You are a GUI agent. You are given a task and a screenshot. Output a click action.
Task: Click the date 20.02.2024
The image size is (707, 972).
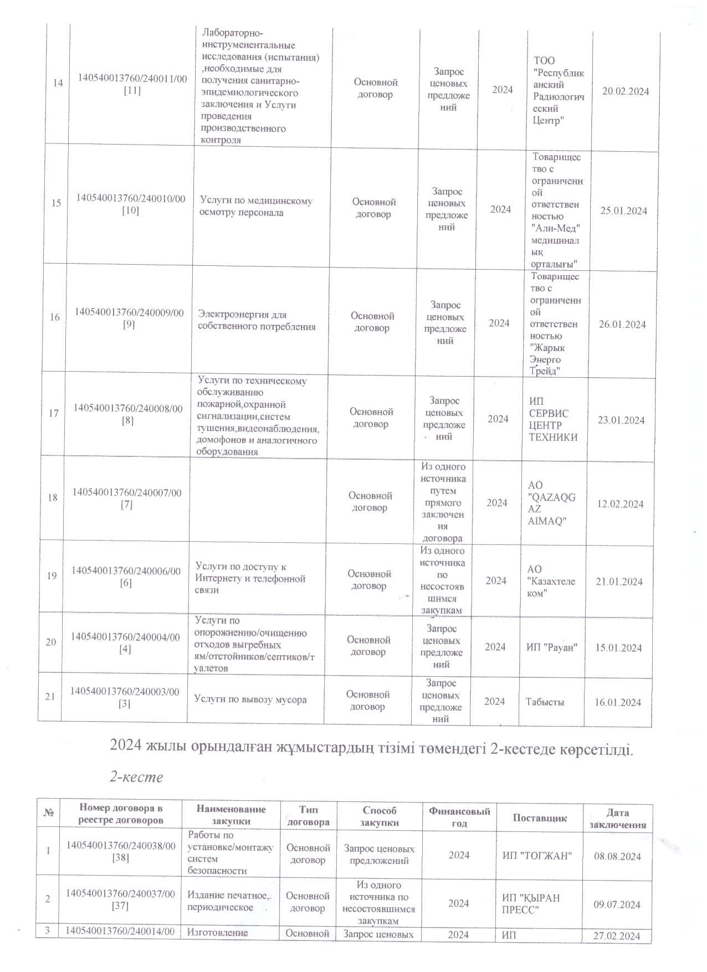point(626,92)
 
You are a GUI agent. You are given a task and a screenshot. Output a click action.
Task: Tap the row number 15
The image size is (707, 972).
point(56,203)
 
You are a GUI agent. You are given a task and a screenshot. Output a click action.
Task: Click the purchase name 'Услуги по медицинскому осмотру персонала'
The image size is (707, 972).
point(255,207)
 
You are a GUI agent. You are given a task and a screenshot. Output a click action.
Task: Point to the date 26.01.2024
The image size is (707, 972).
point(622,325)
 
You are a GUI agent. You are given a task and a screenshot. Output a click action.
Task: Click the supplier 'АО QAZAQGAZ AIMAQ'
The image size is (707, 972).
point(552,503)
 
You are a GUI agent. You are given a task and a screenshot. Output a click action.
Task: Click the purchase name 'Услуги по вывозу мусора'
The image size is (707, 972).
point(250,700)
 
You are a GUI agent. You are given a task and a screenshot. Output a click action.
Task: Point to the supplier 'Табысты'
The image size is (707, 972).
point(545,702)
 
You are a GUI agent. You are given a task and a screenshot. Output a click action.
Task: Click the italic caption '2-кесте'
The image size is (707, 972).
point(136,776)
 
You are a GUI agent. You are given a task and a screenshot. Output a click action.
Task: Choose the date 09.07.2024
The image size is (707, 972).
point(617,905)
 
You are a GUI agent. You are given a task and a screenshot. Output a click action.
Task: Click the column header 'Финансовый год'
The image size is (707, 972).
point(459,817)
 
